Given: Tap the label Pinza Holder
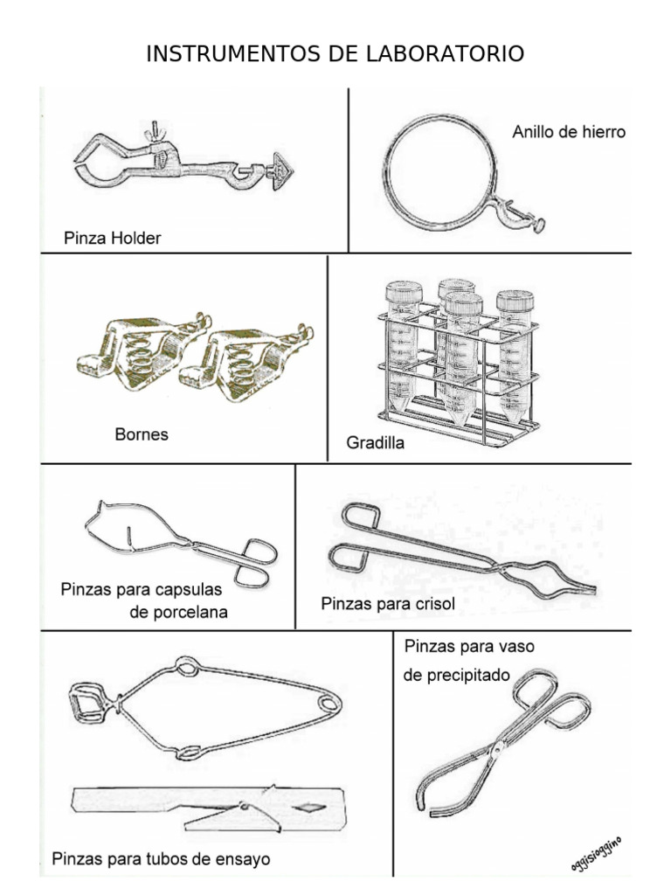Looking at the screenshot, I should click(113, 238).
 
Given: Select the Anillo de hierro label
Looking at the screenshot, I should click(568, 133).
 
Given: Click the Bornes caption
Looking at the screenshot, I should click(142, 434).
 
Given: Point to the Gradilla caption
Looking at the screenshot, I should click(376, 443).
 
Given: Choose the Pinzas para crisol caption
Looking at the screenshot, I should click(388, 603).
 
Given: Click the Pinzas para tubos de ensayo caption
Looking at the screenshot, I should click(161, 859).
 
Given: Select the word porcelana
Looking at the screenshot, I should click(178, 612).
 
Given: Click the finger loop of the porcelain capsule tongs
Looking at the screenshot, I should click(259, 552).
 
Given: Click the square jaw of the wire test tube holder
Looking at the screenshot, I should click(89, 702).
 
